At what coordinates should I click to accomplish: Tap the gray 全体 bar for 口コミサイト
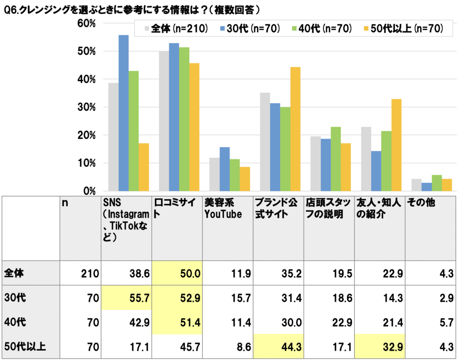tap(164, 121)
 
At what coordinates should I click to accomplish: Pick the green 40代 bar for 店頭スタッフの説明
tap(336, 159)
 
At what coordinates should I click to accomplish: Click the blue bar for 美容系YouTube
tap(225, 169)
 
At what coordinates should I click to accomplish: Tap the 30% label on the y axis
tap(86, 107)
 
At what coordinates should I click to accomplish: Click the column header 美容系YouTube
tap(223, 209)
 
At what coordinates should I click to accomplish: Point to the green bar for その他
tap(436, 183)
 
